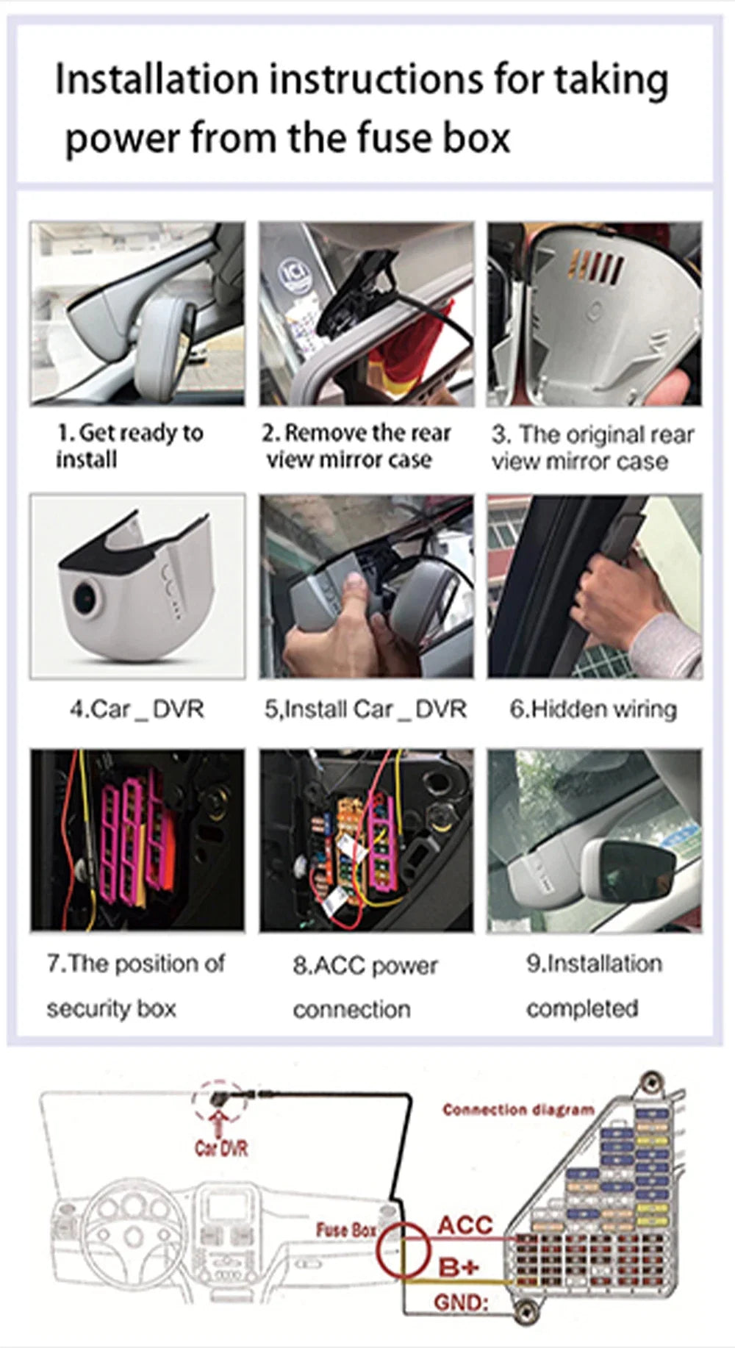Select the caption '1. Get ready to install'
[x=129, y=445]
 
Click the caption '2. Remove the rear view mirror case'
[x=356, y=445]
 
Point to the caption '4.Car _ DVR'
[x=137, y=709]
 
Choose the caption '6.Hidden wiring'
[x=593, y=709]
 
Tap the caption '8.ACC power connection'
[x=365, y=986]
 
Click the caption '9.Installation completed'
[x=594, y=985]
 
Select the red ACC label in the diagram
[x=465, y=1225]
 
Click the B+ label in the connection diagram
[x=459, y=1266]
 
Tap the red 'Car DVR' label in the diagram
[x=220, y=1148]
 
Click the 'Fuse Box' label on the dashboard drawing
[x=346, y=1230]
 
